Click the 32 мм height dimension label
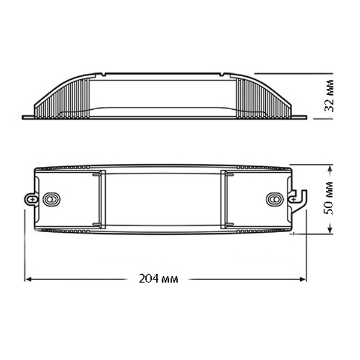point(329,96)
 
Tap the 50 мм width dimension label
point(329,198)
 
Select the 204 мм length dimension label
point(158,279)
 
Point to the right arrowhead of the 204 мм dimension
point(303,279)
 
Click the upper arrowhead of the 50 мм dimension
point(330,169)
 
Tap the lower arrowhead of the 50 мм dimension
point(330,229)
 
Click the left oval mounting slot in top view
point(52,199)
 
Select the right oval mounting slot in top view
point(275,199)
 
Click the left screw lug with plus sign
point(32,199)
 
